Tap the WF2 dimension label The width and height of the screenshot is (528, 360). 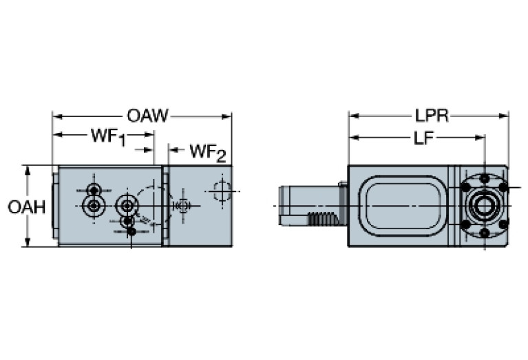click(x=207, y=150)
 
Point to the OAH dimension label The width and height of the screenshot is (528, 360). click(x=27, y=206)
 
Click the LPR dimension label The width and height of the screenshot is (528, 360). click(x=431, y=116)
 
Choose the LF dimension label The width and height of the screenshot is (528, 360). click(x=422, y=138)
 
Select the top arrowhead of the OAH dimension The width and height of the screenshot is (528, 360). click(x=28, y=169)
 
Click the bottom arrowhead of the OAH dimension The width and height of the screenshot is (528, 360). click(x=28, y=242)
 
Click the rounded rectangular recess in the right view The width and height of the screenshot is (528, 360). click(x=403, y=205)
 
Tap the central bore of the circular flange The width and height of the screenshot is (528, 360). click(x=485, y=206)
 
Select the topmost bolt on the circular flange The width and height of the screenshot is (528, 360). click(x=485, y=179)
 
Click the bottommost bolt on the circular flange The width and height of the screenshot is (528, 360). click(x=485, y=233)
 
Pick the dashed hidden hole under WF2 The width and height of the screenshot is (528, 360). click(x=221, y=191)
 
